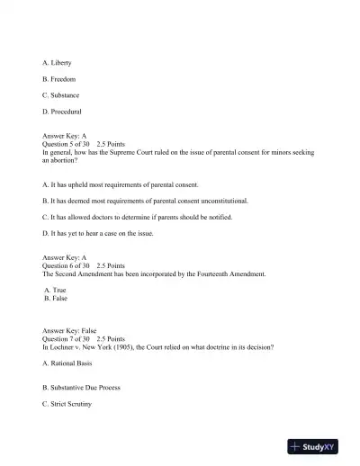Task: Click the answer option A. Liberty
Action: [x=58, y=62]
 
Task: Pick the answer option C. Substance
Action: [x=61, y=95]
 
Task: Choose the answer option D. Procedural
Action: [x=62, y=112]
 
